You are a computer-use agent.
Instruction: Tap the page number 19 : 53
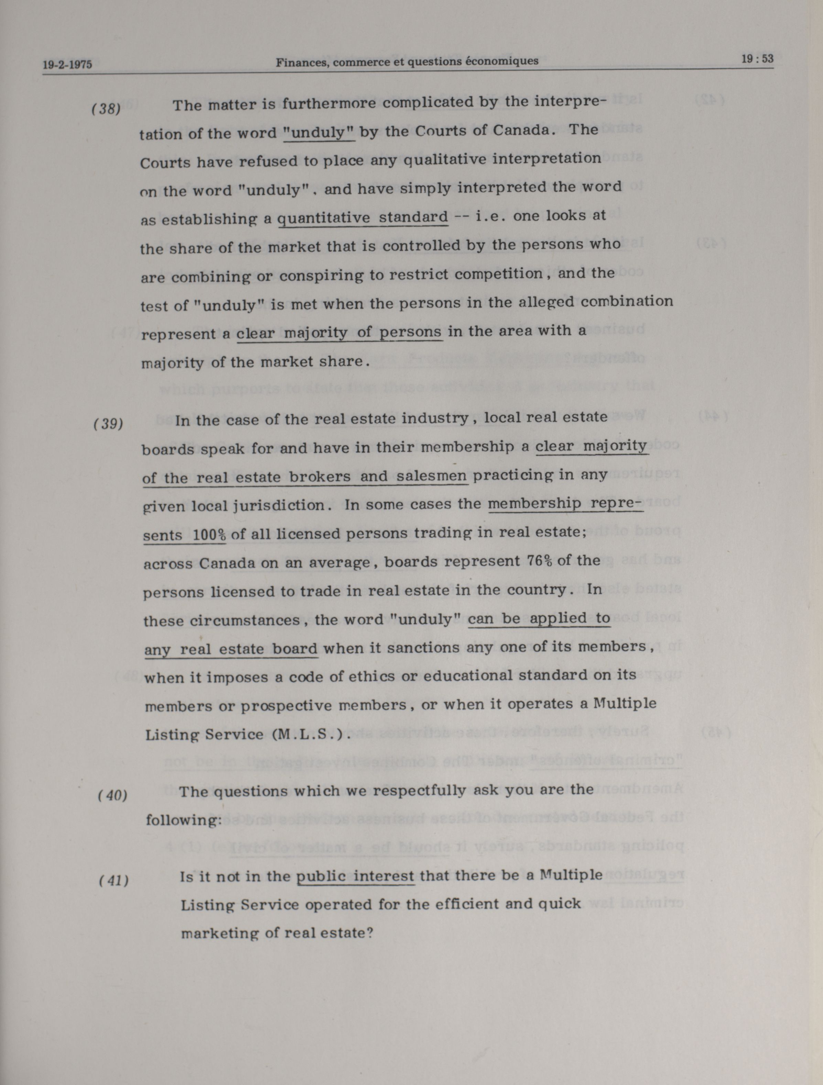(757, 59)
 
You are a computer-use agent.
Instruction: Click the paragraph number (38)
(106, 108)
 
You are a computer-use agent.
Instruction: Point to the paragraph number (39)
(108, 423)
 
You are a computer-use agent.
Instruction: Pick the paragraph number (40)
(113, 795)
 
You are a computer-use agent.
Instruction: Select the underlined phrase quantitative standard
(363, 217)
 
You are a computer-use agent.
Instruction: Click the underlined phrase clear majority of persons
(339, 333)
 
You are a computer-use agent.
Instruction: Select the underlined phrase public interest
(356, 876)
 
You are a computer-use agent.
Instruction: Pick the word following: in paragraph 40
(184, 820)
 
